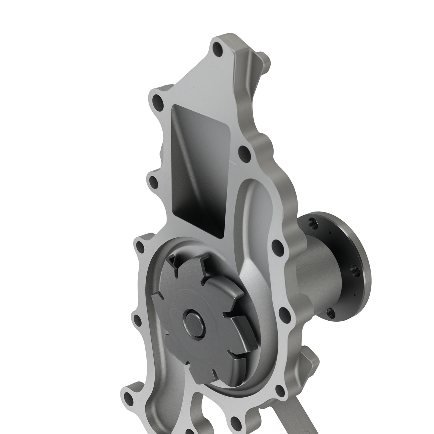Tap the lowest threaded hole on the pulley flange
tap(331, 313)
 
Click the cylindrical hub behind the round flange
tap(320, 271)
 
